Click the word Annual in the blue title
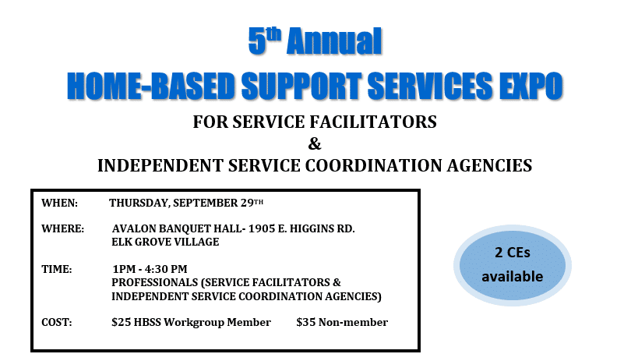(334, 41)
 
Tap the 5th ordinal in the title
(264, 40)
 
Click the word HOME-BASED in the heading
(151, 86)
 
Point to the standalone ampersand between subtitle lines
(315, 143)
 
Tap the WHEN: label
(59, 203)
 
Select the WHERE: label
(63, 229)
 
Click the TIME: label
(57, 269)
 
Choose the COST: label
(57, 322)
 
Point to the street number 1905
(262, 229)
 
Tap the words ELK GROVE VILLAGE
(165, 242)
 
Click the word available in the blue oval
(513, 276)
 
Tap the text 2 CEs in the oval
(513, 253)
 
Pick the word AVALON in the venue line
(134, 229)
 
